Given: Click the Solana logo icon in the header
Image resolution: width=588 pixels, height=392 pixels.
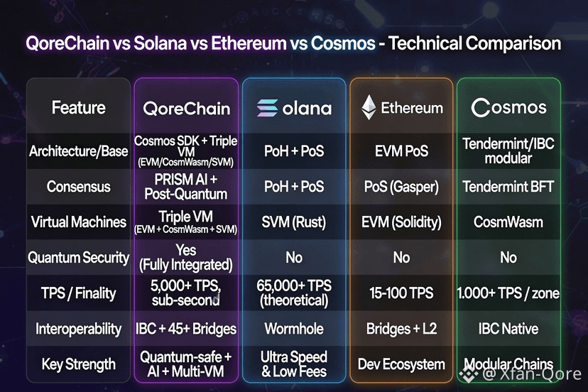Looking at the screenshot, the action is point(268,108).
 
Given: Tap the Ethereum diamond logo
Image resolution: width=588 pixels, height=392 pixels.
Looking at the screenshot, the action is point(369,107).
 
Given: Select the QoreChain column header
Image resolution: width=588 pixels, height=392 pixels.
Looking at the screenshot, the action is point(186,109).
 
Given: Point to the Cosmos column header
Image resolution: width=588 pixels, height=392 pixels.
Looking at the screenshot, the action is point(508,108).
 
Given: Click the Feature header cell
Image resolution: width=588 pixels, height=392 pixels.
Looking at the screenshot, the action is point(78,108).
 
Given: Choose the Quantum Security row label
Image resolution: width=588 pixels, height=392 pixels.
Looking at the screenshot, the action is point(78,258).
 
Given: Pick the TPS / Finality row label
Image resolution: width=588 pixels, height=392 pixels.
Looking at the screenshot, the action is point(78,293).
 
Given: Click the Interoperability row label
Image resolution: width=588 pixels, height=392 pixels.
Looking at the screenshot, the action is point(78,329).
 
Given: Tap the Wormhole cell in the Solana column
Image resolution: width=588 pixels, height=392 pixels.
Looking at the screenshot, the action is point(294,329).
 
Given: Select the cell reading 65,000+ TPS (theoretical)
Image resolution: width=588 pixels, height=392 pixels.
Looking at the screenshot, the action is point(294,293).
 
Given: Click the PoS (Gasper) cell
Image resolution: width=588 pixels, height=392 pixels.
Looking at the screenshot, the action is point(401,187).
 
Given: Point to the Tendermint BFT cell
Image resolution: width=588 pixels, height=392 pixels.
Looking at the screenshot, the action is point(508,187).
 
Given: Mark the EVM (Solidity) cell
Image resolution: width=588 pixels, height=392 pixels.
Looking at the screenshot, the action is point(401,222).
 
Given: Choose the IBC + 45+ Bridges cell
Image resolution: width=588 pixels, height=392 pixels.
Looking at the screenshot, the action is point(186,329).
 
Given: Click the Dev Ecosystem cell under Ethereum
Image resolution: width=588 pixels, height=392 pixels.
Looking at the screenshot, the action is point(401,364).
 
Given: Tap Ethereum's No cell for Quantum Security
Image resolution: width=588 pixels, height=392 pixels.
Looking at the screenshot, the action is point(401,257).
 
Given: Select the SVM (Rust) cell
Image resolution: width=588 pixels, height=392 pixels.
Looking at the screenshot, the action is point(294,222).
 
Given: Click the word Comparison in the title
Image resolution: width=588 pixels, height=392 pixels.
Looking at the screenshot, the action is point(513,44).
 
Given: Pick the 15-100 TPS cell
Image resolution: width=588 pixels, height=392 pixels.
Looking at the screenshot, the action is point(401,293).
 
